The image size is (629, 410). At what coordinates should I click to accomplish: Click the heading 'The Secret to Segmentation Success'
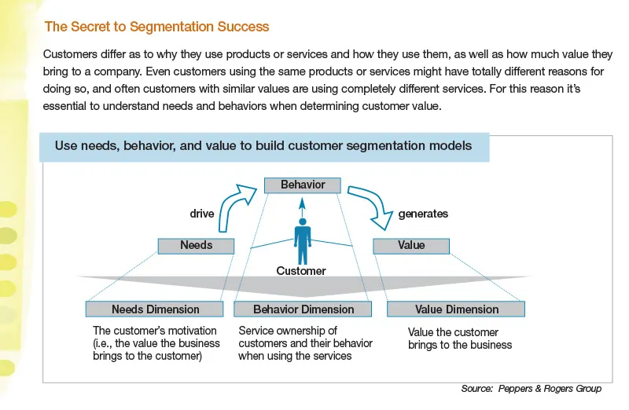156,27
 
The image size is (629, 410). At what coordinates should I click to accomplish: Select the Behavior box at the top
303,185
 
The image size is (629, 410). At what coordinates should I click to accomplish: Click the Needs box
196,246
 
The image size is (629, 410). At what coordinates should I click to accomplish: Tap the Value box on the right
410,246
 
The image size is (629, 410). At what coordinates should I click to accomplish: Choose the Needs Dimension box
156,309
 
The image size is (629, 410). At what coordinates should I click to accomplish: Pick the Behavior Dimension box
303,309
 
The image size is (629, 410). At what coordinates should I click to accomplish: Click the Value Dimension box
456,309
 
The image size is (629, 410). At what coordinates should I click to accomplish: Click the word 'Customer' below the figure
301,271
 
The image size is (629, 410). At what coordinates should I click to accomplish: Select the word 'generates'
423,213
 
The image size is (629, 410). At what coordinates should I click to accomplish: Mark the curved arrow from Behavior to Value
373,204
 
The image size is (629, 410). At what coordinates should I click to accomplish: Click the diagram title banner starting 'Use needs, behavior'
263,146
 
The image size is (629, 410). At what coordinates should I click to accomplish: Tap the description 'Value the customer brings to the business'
460,339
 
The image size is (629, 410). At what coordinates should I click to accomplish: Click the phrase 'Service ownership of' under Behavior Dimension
288,331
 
